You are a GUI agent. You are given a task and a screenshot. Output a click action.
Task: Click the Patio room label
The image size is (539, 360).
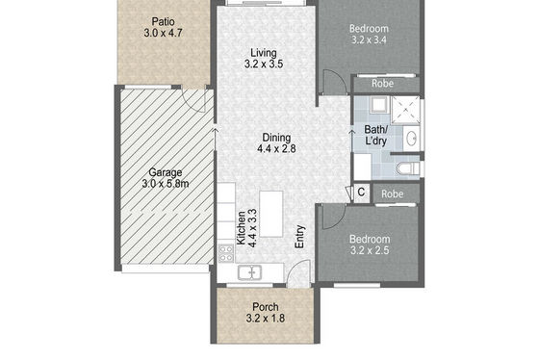click(164, 22)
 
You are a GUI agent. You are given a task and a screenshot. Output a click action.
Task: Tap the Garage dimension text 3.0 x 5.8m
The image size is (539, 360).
click(166, 184)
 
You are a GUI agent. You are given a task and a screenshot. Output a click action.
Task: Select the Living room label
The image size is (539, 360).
click(264, 53)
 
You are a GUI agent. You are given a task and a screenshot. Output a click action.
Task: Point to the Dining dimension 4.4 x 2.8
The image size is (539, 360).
click(276, 148)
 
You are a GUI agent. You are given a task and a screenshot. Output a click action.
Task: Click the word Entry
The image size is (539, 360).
click(299, 237)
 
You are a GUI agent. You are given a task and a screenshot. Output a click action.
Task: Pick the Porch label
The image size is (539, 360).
click(266, 307)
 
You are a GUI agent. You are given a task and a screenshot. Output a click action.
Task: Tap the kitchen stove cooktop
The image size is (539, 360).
click(226, 253)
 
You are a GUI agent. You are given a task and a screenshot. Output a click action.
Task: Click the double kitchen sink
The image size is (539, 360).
click(249, 272)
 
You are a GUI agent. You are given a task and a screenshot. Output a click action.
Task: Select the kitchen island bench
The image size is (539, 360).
click(271, 214)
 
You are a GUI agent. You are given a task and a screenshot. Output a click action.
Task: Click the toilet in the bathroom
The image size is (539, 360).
click(408, 168)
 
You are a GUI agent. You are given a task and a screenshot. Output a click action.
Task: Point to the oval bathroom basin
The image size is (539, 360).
click(411, 139)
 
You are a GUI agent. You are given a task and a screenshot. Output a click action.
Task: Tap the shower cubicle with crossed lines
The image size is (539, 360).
click(406, 110)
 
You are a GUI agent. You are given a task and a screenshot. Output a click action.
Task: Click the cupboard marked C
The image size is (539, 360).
click(361, 193)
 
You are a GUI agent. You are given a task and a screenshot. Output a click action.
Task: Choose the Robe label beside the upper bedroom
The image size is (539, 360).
click(383, 83)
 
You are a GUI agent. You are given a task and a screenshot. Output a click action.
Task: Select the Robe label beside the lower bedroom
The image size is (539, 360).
click(393, 193)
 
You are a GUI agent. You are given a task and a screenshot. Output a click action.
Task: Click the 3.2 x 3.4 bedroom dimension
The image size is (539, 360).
click(369, 40)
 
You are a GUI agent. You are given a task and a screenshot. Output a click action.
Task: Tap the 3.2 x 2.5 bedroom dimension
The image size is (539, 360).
click(370, 250)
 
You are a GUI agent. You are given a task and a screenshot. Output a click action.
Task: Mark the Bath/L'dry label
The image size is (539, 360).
click(375, 135)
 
